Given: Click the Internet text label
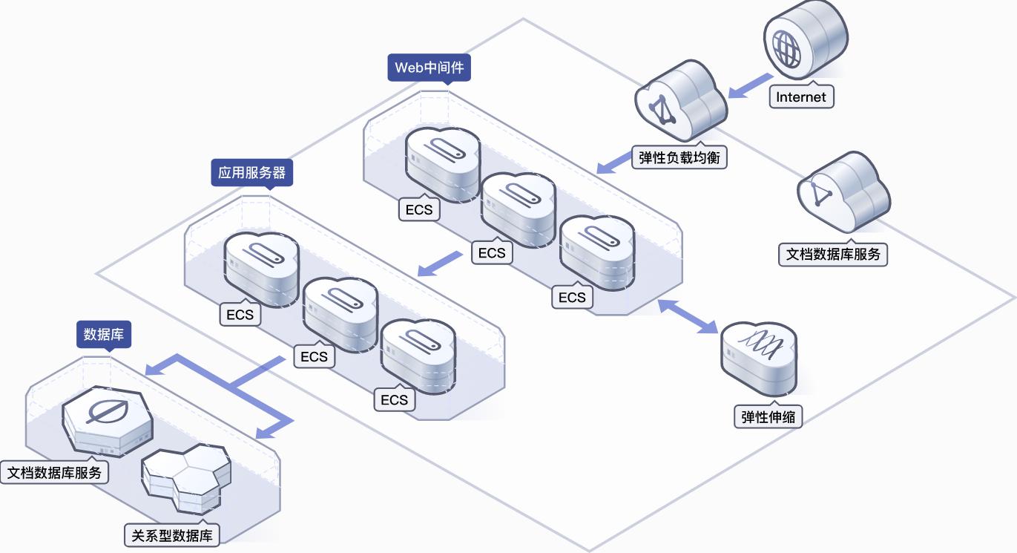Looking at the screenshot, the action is tap(801, 96).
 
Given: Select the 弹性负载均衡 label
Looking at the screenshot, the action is tap(679, 157).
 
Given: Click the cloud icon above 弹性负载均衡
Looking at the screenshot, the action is tap(680, 100).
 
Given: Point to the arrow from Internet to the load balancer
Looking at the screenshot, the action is tap(750, 86).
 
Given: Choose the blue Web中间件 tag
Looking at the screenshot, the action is tap(429, 68).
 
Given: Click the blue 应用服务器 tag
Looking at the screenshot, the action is tap(252, 173).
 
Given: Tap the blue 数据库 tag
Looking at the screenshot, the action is tap(104, 335).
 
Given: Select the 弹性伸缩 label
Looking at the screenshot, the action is tap(768, 416).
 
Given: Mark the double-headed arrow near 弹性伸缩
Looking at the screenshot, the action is tap(688, 316).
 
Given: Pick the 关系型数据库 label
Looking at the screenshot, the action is tap(171, 535).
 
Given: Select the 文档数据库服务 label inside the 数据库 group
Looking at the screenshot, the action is tap(54, 473).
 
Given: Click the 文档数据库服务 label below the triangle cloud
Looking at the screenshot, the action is tap(833, 254).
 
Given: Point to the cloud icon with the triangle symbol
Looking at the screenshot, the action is tap(843, 192).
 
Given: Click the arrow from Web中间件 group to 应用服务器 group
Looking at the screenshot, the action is tap(439, 264).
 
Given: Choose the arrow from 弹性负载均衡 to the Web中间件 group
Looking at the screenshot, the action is tap(613, 163).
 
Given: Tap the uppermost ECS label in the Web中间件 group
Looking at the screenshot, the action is tap(419, 209).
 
